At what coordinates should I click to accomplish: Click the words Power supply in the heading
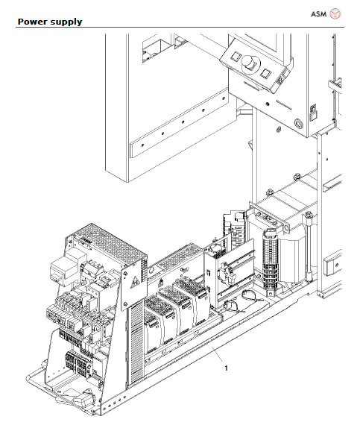pos(49,22)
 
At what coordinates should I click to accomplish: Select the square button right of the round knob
pos(266,73)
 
